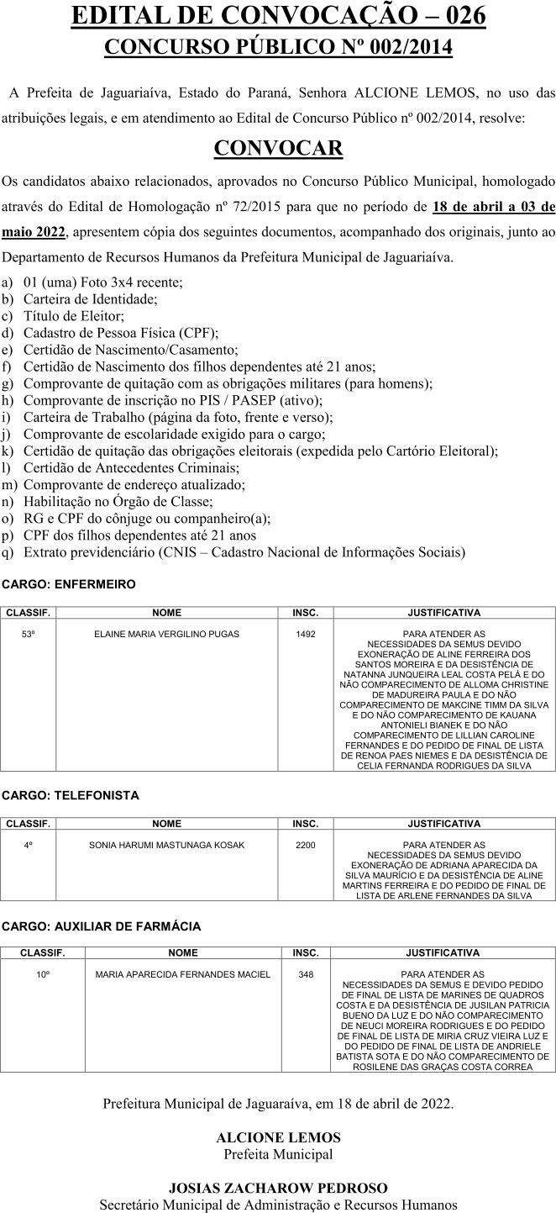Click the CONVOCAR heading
(x=278, y=148)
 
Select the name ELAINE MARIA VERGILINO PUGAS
(x=166, y=634)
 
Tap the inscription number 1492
(x=306, y=634)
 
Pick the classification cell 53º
(x=28, y=634)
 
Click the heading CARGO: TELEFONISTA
(x=71, y=794)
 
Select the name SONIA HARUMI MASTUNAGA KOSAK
(x=166, y=845)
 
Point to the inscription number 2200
(x=306, y=845)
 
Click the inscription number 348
(x=306, y=974)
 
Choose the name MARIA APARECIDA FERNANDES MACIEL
(x=183, y=974)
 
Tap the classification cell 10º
(x=42, y=974)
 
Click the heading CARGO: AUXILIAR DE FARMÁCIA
(x=102, y=926)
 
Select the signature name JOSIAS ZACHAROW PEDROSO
(x=278, y=1188)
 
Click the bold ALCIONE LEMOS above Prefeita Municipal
(x=278, y=1137)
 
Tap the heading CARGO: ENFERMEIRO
(x=68, y=583)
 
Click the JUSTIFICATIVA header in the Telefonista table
(x=443, y=824)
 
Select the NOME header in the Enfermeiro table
(x=166, y=613)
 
